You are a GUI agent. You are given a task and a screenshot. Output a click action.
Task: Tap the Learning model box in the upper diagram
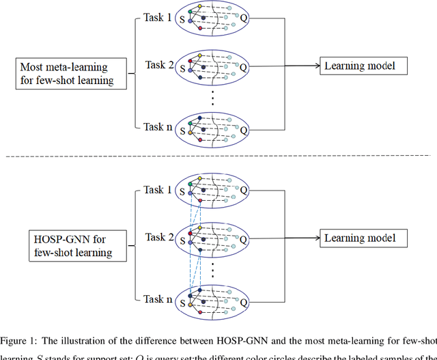365,66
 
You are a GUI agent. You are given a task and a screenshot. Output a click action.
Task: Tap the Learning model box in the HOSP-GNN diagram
365,238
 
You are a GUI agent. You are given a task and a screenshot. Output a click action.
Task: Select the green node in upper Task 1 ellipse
189,14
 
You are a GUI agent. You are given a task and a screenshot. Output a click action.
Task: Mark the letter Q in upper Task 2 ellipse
244,68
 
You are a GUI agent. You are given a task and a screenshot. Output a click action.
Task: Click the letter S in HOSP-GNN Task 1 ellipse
182,194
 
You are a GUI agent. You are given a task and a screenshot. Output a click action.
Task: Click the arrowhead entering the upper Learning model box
319,66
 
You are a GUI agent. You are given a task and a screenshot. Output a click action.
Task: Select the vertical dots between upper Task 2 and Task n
212,96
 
